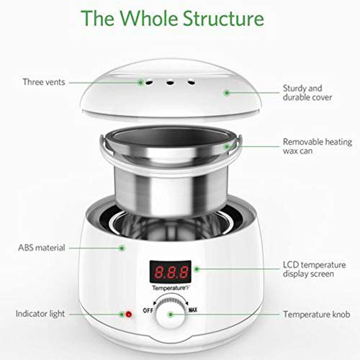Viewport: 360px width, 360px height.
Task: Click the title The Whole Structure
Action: click(172, 18)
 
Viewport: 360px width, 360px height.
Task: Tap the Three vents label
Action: click(44, 82)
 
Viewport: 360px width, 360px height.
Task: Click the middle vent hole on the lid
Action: click(170, 84)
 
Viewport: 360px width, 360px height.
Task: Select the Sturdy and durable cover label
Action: click(307, 93)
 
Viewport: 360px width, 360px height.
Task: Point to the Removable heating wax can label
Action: click(318, 146)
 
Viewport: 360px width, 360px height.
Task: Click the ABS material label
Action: click(42, 248)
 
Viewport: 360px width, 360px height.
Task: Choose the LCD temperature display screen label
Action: click(314, 269)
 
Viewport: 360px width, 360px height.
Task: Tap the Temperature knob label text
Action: click(317, 314)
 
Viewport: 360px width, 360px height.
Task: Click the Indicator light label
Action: click(40, 314)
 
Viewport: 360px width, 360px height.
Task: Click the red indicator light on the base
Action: click(129, 314)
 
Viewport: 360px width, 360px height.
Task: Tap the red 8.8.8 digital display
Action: click(171, 272)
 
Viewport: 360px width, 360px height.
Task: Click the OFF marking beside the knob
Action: click(148, 310)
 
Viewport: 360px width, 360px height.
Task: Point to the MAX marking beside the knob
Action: click(193, 310)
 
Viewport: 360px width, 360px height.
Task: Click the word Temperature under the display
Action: click(169, 288)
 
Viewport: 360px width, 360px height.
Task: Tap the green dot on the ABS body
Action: click(122, 248)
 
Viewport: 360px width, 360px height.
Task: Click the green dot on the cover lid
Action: click(227, 93)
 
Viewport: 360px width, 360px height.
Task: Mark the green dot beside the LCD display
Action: click(197, 269)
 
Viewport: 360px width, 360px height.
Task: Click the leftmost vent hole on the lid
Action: click(149, 83)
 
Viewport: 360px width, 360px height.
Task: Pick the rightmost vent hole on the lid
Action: click(191, 83)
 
